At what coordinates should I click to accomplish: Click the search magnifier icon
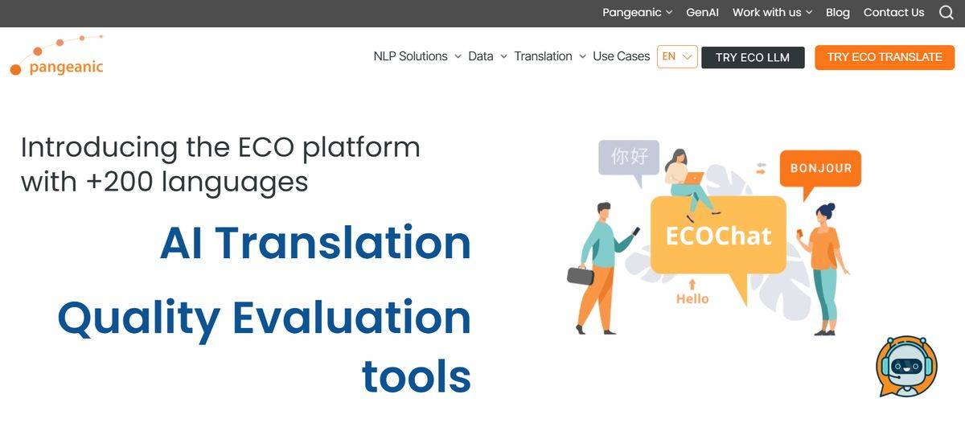coord(946,13)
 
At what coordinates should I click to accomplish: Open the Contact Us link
coord(893,13)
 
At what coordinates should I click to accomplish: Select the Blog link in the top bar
coord(837,13)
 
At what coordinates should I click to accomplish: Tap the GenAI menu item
coord(702,13)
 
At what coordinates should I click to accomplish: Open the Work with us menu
coord(772,13)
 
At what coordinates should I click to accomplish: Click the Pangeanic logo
coord(57,56)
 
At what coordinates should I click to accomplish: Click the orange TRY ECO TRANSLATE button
coord(885,57)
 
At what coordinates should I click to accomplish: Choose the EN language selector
coord(677,56)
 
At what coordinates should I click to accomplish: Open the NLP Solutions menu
coord(417,56)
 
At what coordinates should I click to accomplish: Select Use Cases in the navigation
coord(621,56)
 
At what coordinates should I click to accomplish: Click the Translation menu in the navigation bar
coord(550,56)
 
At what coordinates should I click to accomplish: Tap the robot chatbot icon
coord(906,367)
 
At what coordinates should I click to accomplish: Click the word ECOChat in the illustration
coord(718,236)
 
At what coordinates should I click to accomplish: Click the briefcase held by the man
coord(581,275)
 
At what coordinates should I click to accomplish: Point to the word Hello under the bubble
coord(692,299)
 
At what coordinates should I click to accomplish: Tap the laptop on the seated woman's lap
coord(692,178)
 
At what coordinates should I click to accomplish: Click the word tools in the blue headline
coord(417,377)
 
